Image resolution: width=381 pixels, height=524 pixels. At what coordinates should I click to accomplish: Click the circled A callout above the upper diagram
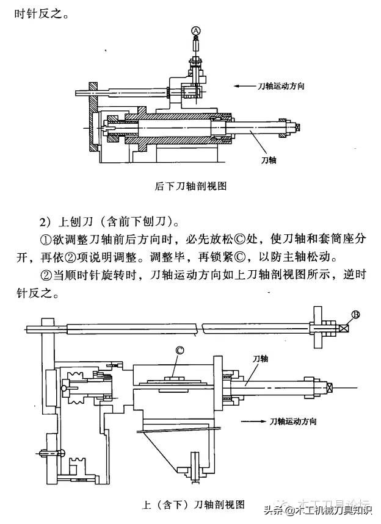click(195, 30)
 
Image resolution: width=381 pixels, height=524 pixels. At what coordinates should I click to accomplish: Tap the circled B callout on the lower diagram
click(356, 315)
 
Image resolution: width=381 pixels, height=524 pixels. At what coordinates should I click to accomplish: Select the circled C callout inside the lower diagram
click(180, 350)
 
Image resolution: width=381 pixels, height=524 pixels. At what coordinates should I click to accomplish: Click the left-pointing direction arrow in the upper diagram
click(248, 87)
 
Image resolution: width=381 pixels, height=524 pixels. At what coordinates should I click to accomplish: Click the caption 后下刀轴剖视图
click(191, 187)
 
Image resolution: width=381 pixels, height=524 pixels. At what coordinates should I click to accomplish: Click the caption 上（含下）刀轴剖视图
click(193, 504)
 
